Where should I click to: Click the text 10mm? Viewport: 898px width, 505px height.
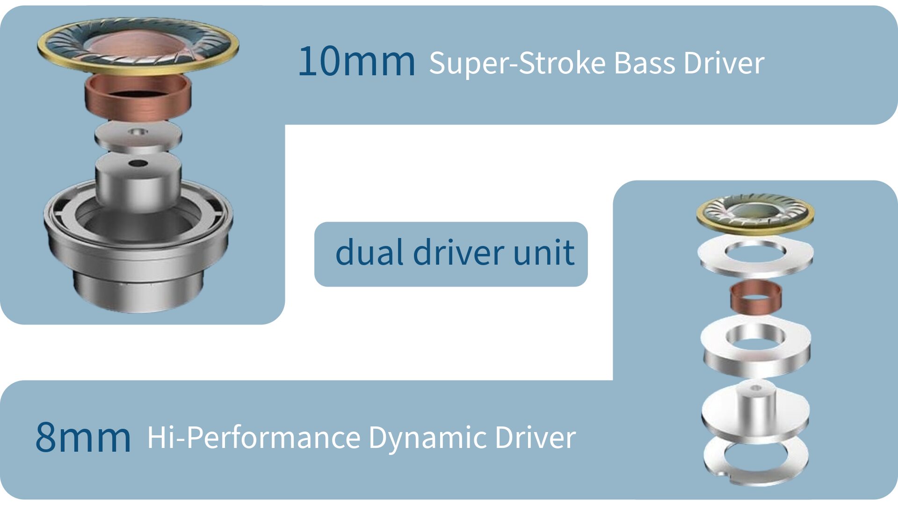coord(356,62)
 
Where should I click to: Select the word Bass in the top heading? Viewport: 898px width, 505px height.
coord(645,63)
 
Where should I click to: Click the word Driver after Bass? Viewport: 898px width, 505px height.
coord(724,63)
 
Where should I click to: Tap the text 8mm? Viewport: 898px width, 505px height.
coord(83,437)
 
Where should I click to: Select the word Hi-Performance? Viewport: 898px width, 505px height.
coord(253,438)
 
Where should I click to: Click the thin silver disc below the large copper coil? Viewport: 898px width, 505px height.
coord(138,136)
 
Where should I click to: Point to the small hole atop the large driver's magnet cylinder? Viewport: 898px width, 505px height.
coord(138,163)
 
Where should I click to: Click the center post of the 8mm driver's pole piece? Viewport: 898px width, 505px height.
coord(756,404)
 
